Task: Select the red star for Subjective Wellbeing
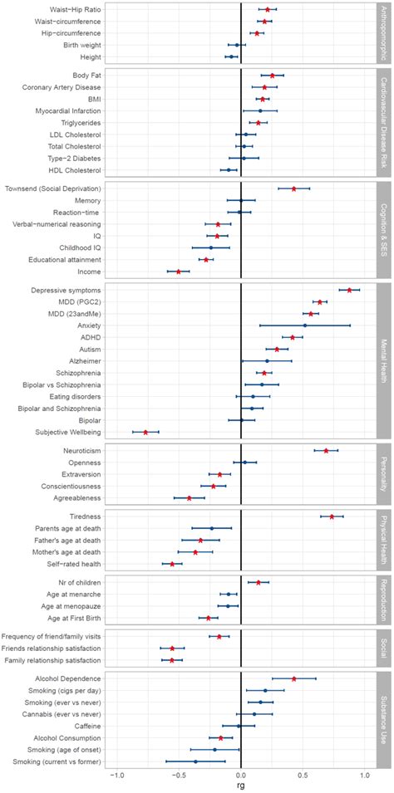click(146, 432)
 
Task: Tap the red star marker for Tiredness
click(332, 516)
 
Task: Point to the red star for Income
click(178, 248)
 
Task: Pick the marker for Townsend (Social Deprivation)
click(294, 188)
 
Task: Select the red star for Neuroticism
click(326, 450)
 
